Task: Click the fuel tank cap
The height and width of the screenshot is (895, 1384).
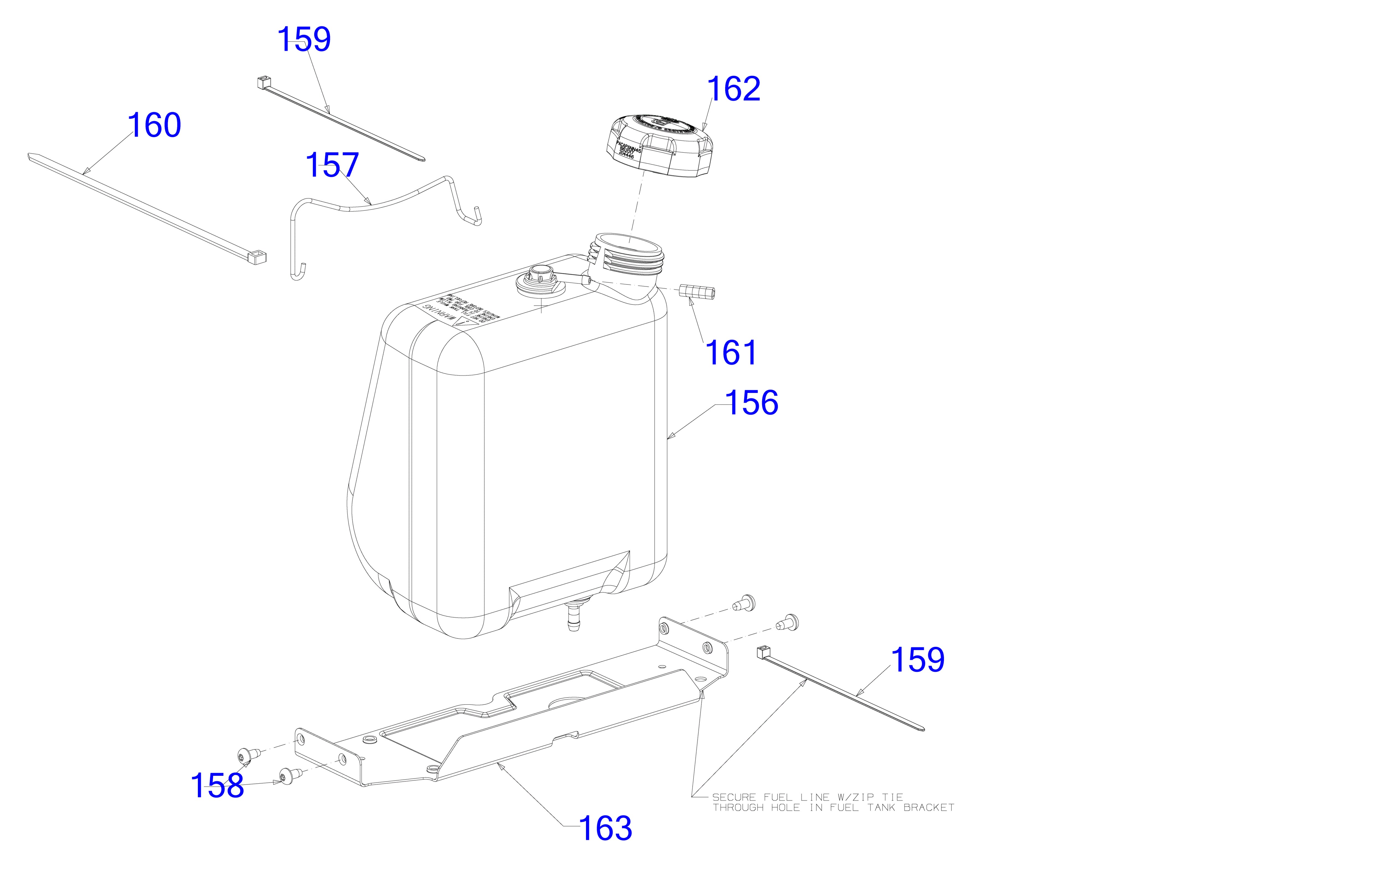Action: pos(659,145)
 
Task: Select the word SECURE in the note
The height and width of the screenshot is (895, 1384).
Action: pos(734,797)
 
